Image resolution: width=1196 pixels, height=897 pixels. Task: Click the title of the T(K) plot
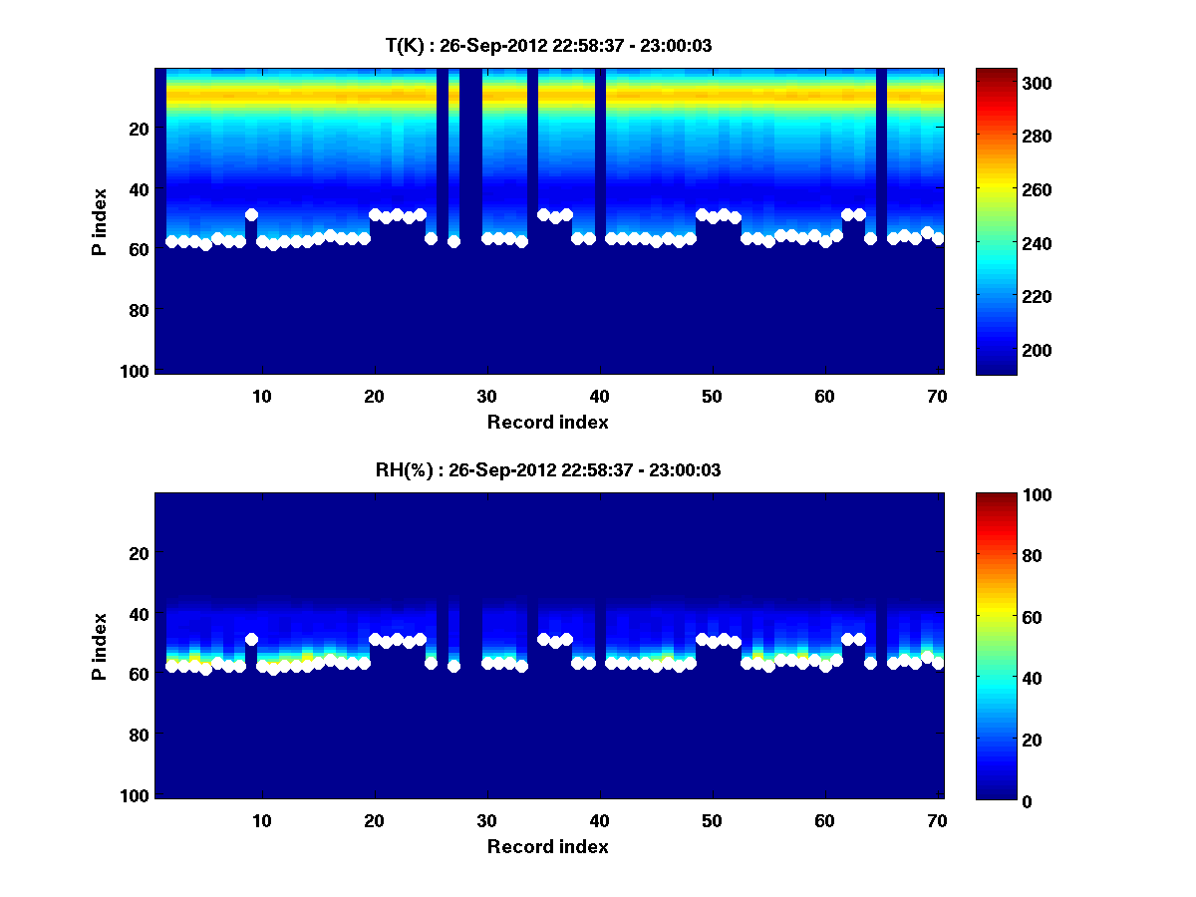[x=548, y=45]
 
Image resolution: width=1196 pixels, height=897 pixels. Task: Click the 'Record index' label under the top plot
[x=548, y=422]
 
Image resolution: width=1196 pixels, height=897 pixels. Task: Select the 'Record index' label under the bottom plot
[x=548, y=846]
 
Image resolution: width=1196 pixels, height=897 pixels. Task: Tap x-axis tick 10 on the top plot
[x=262, y=396]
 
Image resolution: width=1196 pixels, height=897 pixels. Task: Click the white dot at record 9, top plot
[x=251, y=214]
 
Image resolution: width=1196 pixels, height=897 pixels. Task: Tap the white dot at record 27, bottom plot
[x=453, y=666]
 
